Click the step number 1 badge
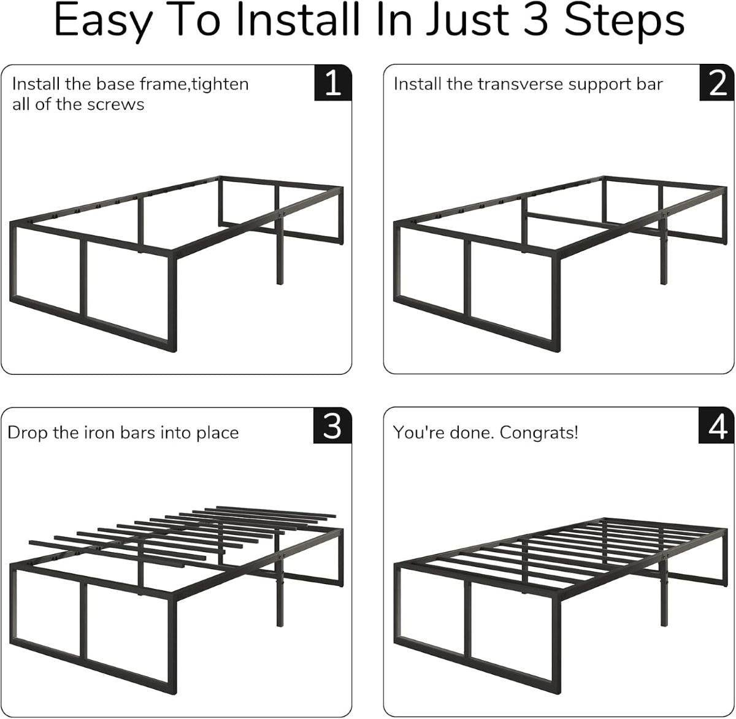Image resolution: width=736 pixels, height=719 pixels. click(332, 83)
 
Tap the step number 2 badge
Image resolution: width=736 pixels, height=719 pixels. click(717, 83)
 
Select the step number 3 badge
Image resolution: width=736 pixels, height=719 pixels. click(332, 425)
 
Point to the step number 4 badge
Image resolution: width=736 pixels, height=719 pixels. click(717, 425)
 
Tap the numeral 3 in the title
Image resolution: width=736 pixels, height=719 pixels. click(537, 20)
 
